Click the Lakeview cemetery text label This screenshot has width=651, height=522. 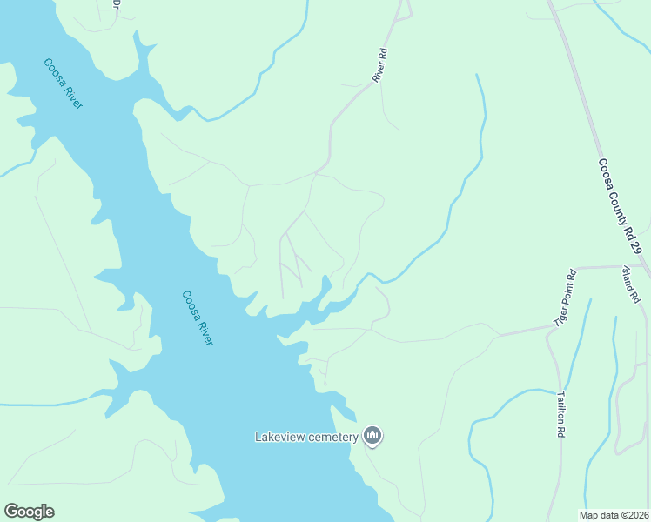[x=306, y=437]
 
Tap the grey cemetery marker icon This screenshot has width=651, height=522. [x=372, y=435]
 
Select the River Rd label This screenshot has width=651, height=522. [x=379, y=66]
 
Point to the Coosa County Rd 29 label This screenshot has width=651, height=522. [x=620, y=206]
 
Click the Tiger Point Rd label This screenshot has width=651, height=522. [x=565, y=298]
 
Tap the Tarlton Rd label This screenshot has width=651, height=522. [x=561, y=413]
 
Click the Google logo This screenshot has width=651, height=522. [x=29, y=512]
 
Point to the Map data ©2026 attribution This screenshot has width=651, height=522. [x=614, y=514]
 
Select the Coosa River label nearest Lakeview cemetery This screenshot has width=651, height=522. [x=198, y=318]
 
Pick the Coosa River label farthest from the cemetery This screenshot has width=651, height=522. [x=64, y=84]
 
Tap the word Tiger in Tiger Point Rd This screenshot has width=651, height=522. [x=560, y=316]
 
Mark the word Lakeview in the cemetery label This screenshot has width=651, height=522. [x=279, y=437]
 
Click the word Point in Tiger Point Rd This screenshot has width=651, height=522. [x=566, y=296]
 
